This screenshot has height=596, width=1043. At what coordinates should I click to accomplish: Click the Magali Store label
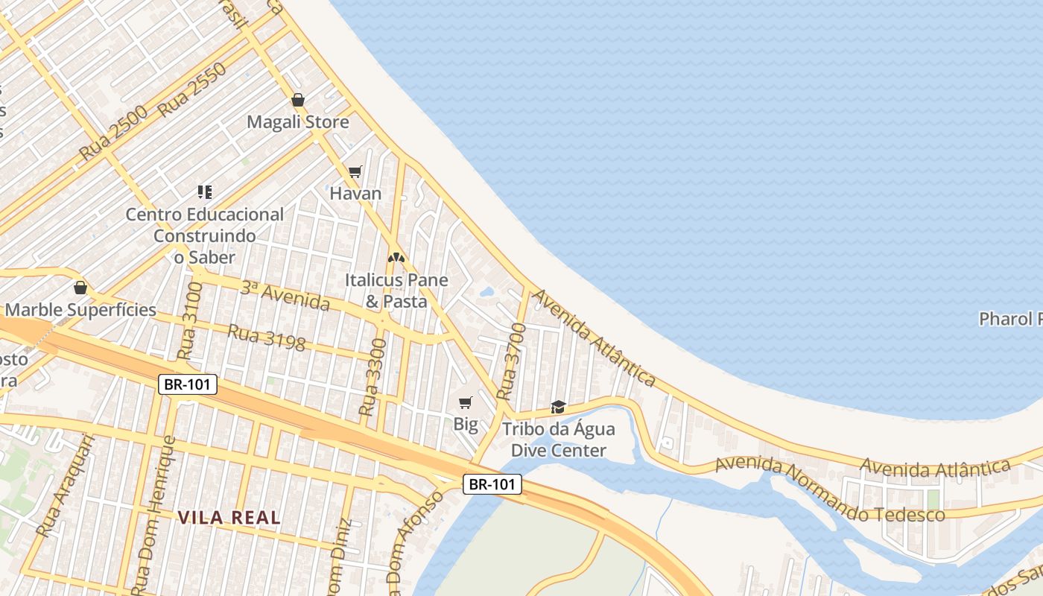pyautogui.click(x=297, y=121)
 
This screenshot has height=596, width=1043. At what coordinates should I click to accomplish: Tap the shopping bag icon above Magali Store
pyautogui.click(x=298, y=100)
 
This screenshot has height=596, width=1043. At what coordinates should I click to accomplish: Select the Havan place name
pyautogui.click(x=355, y=193)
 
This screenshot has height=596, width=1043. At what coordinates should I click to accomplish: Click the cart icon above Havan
pyautogui.click(x=355, y=172)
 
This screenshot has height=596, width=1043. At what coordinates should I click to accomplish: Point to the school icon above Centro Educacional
pyautogui.click(x=205, y=192)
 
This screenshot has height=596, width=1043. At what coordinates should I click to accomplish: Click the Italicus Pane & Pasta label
pyautogui.click(x=396, y=291)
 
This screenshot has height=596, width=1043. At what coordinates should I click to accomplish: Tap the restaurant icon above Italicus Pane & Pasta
pyautogui.click(x=396, y=258)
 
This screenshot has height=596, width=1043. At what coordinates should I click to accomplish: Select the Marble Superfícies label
pyautogui.click(x=80, y=309)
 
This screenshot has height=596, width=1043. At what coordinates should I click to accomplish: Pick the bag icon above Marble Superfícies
pyautogui.click(x=80, y=288)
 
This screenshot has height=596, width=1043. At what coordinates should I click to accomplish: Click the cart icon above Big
pyautogui.click(x=466, y=403)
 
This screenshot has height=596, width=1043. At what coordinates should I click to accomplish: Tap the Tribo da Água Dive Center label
pyautogui.click(x=558, y=440)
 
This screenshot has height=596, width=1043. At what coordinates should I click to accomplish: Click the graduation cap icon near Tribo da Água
pyautogui.click(x=558, y=407)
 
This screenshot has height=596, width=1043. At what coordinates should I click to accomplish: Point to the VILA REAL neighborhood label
pyautogui.click(x=229, y=517)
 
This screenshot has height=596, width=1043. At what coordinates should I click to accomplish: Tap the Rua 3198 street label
pyautogui.click(x=266, y=337)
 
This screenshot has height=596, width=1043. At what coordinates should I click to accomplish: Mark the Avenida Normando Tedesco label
pyautogui.click(x=829, y=491)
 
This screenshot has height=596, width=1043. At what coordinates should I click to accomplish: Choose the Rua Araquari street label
pyautogui.click(x=66, y=486)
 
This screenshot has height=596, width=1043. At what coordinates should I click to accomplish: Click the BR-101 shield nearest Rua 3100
pyautogui.click(x=188, y=384)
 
